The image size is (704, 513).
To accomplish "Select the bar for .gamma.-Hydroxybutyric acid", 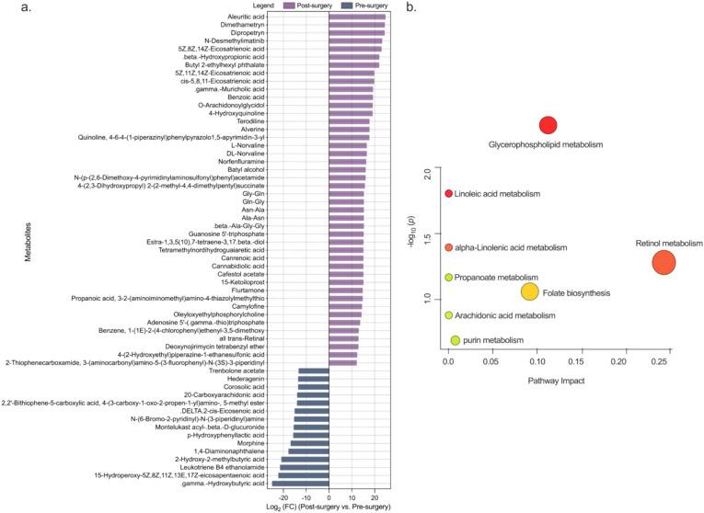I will point(300,483).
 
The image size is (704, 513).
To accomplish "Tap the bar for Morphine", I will point(310,443).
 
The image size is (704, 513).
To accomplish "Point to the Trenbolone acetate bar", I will point(314,370).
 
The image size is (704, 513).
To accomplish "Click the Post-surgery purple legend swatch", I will point(247,6).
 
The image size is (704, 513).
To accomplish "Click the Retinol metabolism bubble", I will point(664,262).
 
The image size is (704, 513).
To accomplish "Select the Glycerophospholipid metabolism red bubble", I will point(548,127).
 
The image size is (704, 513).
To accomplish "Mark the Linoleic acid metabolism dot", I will point(448,194).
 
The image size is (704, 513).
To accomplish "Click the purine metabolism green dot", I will point(455,340).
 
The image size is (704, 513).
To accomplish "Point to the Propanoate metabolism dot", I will point(448,277).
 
